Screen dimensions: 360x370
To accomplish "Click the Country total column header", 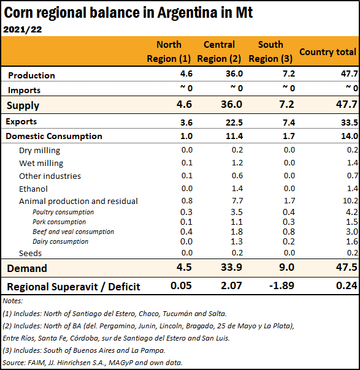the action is pos(327,51).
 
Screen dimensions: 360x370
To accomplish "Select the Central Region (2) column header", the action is pos(219,51).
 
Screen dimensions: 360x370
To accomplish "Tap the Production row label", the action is pos(31,75).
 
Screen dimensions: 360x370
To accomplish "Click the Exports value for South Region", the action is pos(289,123).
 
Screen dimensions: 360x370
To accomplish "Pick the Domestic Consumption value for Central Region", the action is pos(234,136).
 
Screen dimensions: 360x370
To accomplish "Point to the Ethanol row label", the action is pos(33,189).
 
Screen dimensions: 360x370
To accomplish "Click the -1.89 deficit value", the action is pos(281,285).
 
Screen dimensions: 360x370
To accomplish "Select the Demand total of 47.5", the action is pos(347,267).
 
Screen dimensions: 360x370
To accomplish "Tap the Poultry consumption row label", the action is pos(63,212).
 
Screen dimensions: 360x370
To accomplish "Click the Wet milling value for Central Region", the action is pos(237,162).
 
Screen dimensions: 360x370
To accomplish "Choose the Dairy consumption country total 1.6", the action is pos(352,241).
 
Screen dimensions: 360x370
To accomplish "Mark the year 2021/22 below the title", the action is pos(23,29).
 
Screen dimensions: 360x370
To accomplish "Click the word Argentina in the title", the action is pos(187,12).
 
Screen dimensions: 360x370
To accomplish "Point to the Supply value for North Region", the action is pos(184,104).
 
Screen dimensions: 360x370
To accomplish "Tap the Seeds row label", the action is pos(30,253).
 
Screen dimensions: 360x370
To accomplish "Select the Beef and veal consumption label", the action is pos(73,232).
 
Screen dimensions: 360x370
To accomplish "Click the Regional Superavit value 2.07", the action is pos(231,285).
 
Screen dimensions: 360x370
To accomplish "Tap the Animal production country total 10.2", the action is pos(351,200).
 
